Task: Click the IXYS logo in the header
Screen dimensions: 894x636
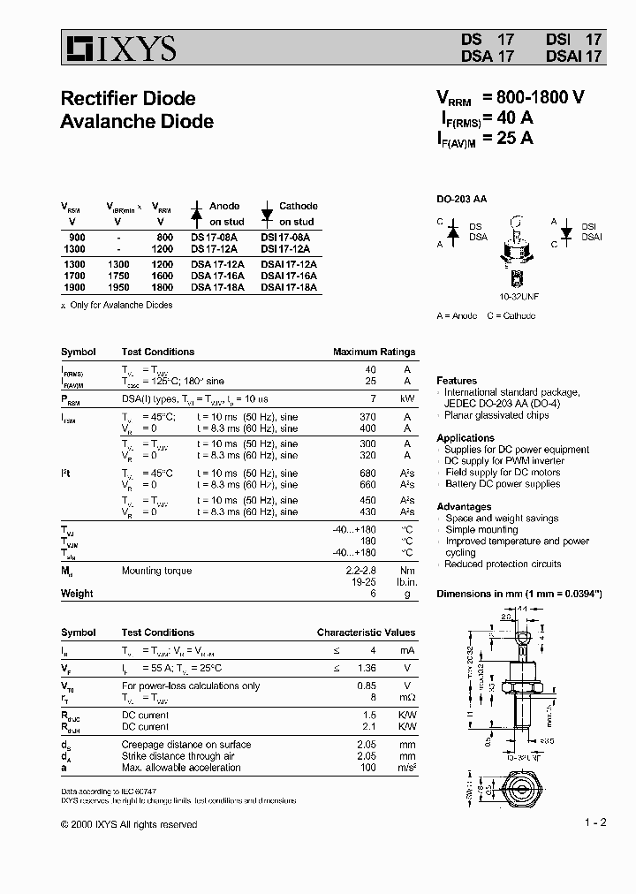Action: tap(118, 48)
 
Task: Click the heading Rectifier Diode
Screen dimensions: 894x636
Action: tap(127, 99)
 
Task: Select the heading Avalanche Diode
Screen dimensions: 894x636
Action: tap(136, 121)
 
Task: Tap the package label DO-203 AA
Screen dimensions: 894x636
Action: tap(461, 200)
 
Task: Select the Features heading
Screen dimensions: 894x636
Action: tap(457, 381)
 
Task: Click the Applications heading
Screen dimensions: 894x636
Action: tap(466, 438)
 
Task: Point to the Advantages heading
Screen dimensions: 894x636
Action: tap(464, 507)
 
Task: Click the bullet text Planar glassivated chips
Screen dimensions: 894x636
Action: tap(496, 415)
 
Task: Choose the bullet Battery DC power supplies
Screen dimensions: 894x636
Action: tap(502, 484)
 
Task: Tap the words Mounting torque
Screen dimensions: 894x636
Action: tap(156, 571)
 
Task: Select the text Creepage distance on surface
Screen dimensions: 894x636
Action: tap(186, 745)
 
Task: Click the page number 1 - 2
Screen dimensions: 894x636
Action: tap(595, 822)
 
